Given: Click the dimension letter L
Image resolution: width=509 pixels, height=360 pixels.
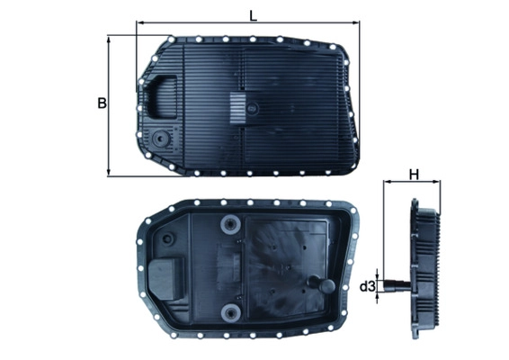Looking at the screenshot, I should pos(254,14).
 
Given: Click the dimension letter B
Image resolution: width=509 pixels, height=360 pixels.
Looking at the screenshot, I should pos(102,103).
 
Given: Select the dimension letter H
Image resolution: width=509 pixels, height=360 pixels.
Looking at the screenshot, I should pos(414,175).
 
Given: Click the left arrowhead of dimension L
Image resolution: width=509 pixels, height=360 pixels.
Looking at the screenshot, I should pos(139,24).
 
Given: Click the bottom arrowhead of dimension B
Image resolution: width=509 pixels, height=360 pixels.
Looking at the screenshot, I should pos(109,172).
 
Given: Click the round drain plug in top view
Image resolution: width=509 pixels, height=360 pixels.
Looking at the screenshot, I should pos(160,140).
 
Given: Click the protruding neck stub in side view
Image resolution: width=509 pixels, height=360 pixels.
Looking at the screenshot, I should pos(392,287).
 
